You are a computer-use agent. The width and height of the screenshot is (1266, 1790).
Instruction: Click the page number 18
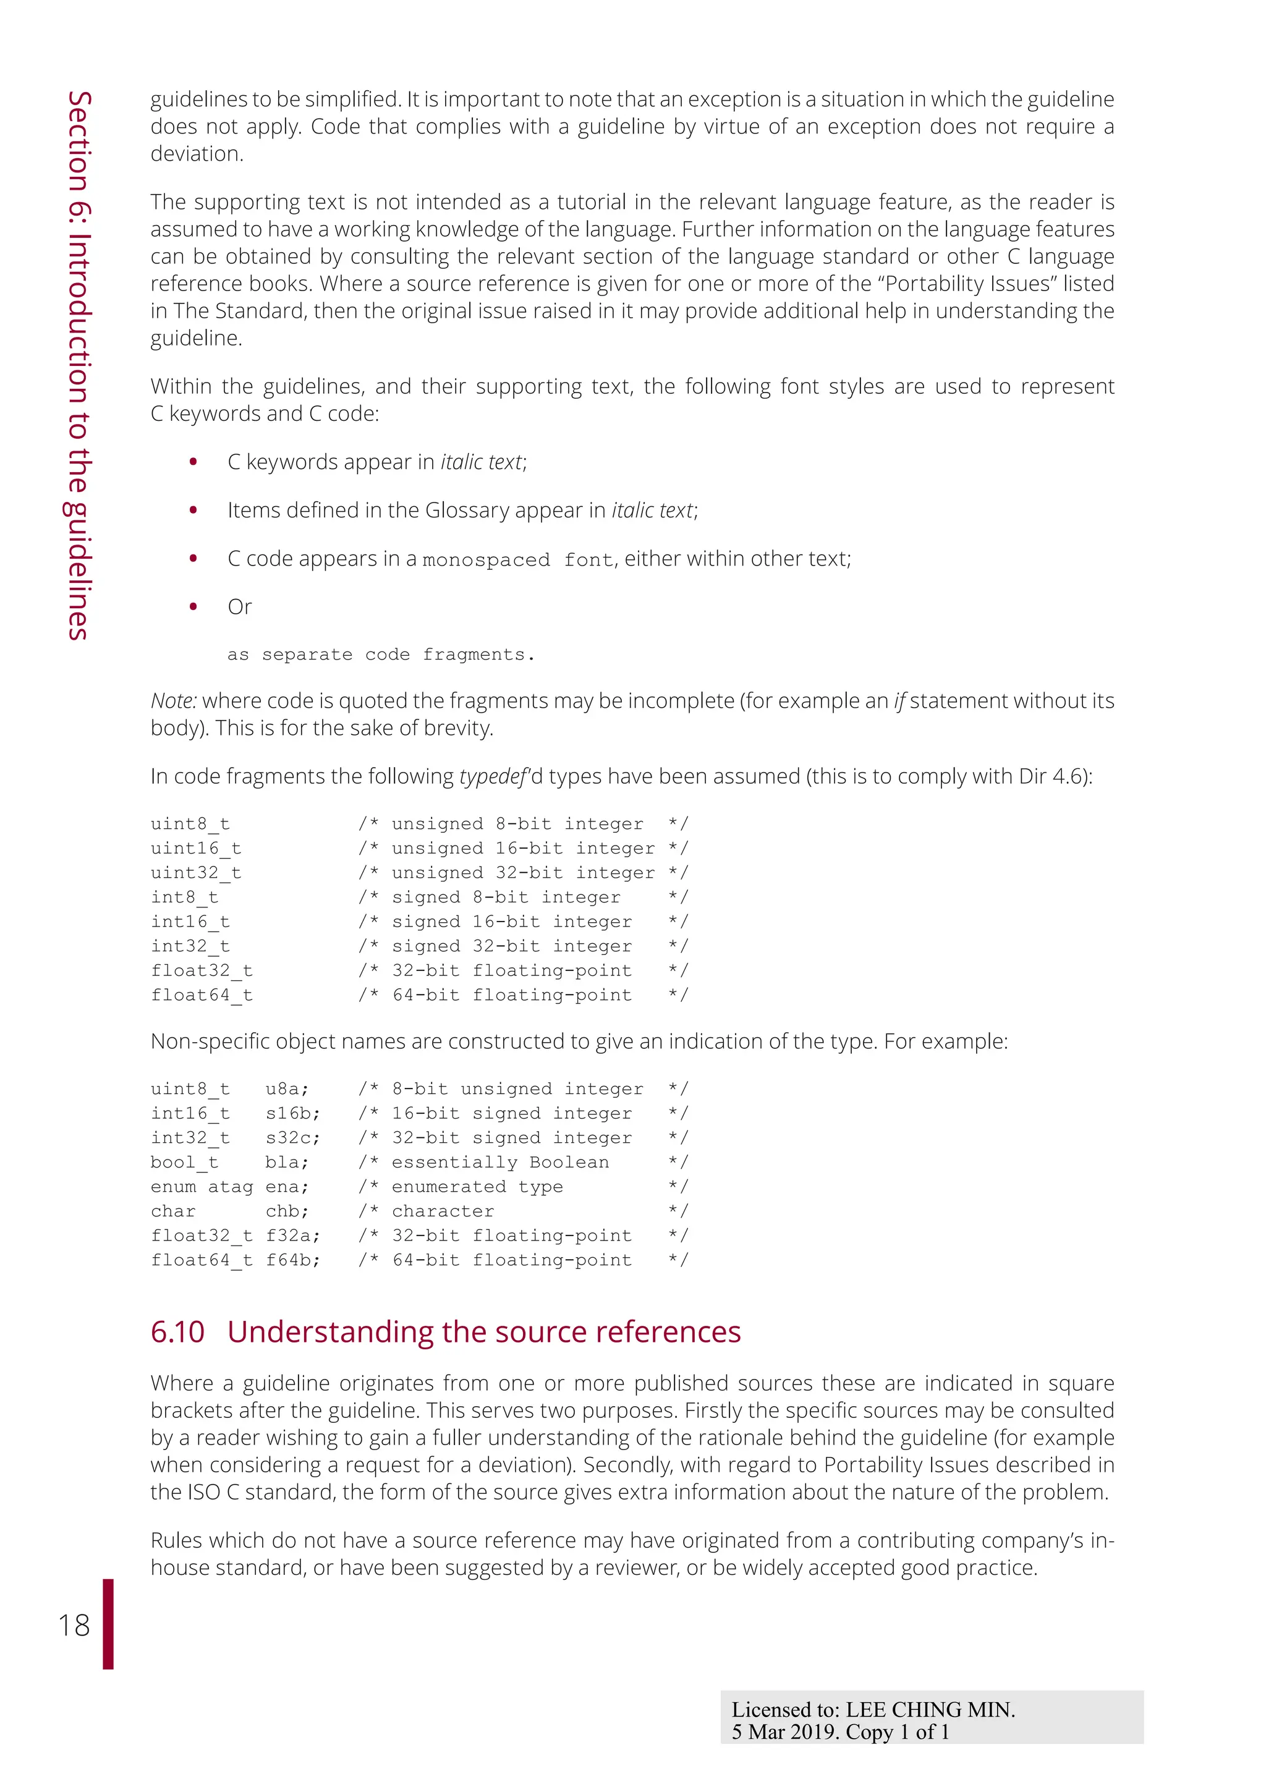click(74, 1626)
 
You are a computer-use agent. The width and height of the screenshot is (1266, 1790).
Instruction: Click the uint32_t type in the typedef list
click(196, 872)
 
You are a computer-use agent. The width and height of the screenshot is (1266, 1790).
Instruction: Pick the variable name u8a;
click(287, 1089)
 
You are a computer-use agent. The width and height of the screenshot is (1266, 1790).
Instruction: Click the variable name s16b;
click(292, 1113)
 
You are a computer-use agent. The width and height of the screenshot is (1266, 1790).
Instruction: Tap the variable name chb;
click(287, 1211)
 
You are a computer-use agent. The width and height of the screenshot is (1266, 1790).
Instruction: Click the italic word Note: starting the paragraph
click(174, 701)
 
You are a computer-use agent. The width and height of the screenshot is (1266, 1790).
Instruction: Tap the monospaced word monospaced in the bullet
click(486, 560)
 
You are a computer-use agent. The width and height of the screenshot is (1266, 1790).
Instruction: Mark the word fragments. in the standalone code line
click(478, 655)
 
